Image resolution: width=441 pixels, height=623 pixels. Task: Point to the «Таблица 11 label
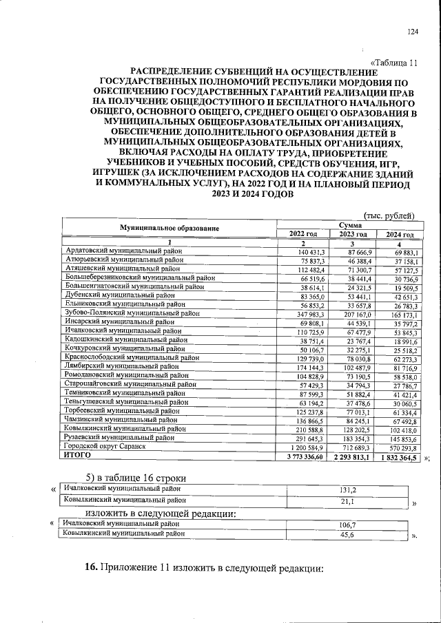[x=394, y=62]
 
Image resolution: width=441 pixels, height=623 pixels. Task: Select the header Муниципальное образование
[x=169, y=229]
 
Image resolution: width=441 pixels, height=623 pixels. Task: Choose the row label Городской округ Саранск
[x=105, y=446]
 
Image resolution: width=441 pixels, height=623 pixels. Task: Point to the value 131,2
[x=348, y=489]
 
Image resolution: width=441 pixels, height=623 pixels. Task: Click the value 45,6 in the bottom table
[x=347, y=534]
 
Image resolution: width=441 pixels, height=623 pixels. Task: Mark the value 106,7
[x=347, y=523]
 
